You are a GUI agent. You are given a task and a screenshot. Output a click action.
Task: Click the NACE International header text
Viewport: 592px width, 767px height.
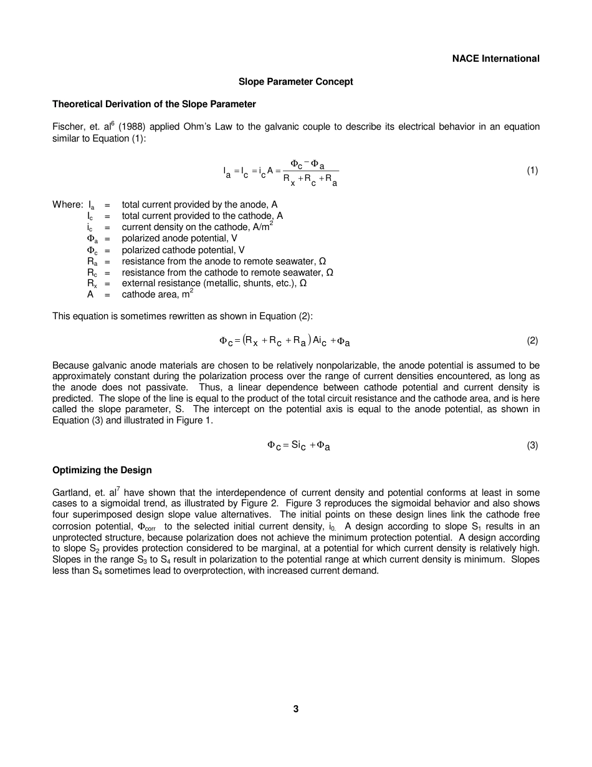pos(495,59)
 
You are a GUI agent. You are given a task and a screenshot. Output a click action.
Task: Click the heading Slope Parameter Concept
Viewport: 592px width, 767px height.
pos(296,82)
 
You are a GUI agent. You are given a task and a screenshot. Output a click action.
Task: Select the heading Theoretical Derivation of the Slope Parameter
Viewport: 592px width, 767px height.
pos(154,104)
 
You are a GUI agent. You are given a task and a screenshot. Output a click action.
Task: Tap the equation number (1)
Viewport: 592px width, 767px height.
pos(532,170)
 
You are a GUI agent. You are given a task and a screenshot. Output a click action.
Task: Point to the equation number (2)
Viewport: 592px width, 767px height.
pos(532,340)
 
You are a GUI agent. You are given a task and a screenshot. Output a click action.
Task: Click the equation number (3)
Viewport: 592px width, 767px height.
pos(532,445)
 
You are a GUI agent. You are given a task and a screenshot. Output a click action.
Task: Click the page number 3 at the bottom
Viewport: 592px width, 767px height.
pos(296,708)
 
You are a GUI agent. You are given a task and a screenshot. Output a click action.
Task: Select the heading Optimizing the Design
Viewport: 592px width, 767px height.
pos(102,470)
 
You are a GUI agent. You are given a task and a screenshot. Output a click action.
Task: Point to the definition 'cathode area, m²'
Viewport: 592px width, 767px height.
pos(156,294)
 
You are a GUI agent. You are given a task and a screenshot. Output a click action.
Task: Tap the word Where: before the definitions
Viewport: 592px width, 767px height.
pos(67,205)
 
